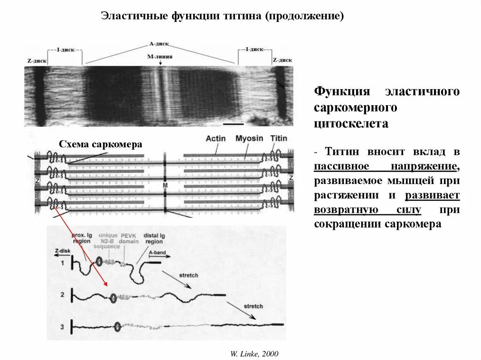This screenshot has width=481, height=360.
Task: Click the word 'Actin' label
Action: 216,139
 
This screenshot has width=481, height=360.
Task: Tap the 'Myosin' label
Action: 249,139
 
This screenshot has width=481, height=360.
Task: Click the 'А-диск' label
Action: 159,44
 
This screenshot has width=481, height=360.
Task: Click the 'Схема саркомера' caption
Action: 101,144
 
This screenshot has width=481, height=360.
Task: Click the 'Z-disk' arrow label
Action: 62,251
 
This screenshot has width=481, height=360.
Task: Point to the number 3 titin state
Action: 62,325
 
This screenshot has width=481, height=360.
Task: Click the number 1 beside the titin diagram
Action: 62,263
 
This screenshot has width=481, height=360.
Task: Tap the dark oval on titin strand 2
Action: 113,297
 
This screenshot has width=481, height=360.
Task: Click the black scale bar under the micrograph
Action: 234,124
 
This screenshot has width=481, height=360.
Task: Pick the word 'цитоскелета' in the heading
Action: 351,124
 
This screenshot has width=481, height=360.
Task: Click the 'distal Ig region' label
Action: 154,238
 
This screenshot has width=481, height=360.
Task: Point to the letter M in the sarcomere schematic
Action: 165,185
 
